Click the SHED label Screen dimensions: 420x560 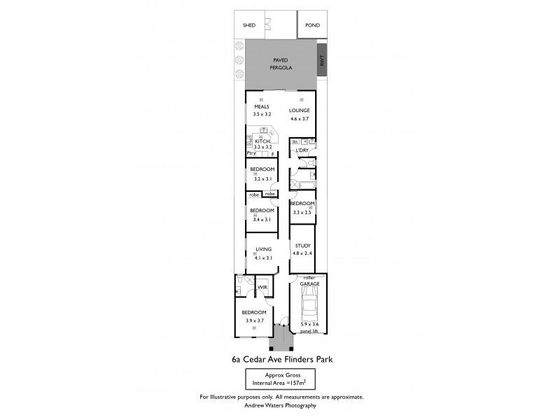point(249,25)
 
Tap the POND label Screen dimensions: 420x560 point(312,25)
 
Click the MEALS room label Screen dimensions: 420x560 point(262,107)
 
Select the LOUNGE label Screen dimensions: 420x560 point(300,111)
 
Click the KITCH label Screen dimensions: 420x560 point(262,141)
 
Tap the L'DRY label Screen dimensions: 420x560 point(302,150)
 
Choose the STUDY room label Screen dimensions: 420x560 point(302,246)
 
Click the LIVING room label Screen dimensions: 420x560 point(263,249)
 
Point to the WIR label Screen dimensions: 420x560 point(263,287)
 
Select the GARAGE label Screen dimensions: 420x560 point(310,284)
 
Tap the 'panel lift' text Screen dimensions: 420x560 point(309,331)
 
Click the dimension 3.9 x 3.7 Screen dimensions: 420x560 point(253,321)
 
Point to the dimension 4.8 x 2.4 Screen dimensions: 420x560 point(302,253)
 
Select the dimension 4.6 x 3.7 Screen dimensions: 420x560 point(300,120)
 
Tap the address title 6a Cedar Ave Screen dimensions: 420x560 point(281,360)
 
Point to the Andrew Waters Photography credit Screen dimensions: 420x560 point(281,405)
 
